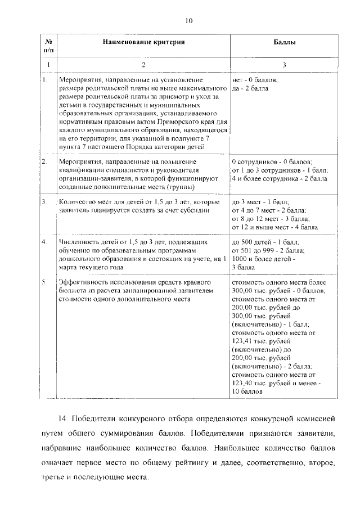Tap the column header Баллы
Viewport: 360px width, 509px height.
point(284,42)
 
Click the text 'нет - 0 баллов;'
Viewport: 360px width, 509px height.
point(254,80)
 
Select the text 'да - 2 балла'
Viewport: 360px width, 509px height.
point(250,89)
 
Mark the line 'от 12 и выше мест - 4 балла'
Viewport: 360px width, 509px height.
point(274,227)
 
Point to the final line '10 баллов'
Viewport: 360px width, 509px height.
point(247,390)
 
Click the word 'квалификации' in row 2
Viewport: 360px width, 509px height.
point(80,170)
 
